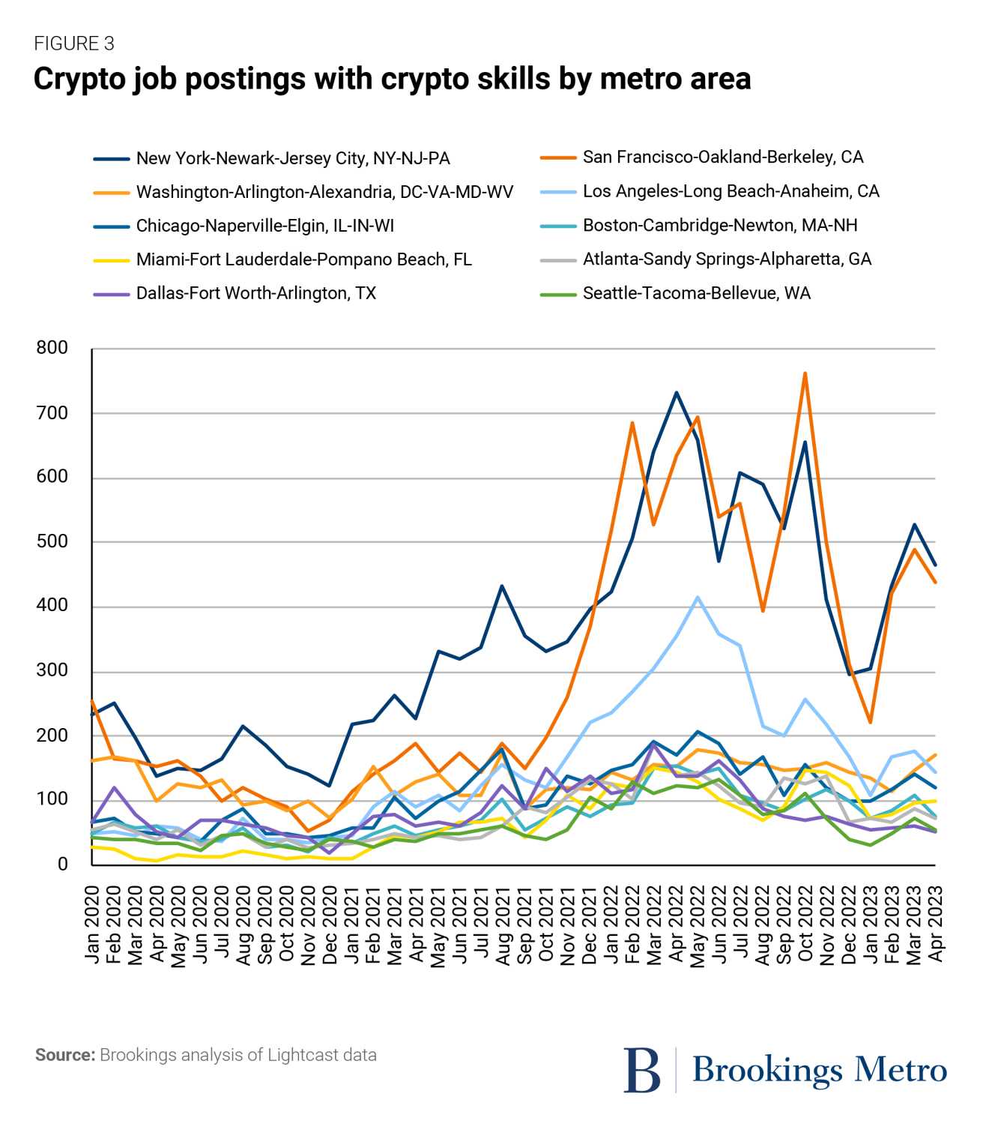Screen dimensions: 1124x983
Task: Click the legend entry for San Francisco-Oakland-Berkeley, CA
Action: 722,157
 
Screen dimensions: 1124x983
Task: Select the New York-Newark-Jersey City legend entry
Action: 292,158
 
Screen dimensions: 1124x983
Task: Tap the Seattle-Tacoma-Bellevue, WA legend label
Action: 696,293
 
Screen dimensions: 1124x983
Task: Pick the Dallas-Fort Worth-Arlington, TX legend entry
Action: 255,293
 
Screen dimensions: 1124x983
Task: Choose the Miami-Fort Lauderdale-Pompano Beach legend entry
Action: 303,259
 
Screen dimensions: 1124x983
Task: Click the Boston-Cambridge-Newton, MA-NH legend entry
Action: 719,226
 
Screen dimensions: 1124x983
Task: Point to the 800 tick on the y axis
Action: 52,348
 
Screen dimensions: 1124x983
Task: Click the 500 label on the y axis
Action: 52,541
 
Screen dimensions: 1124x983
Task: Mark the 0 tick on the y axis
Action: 62,864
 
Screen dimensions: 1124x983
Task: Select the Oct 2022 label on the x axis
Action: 806,924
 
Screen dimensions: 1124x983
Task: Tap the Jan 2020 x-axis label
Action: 92,924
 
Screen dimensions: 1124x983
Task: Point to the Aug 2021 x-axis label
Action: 503,924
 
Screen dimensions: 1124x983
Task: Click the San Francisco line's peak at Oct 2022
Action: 805,373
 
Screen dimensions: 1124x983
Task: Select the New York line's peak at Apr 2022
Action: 676,392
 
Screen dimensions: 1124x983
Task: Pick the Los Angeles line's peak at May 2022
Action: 698,598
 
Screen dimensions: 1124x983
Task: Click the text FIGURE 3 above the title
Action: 74,44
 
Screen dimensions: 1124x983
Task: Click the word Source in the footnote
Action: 64,1055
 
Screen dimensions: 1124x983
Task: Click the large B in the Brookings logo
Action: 642,1070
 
